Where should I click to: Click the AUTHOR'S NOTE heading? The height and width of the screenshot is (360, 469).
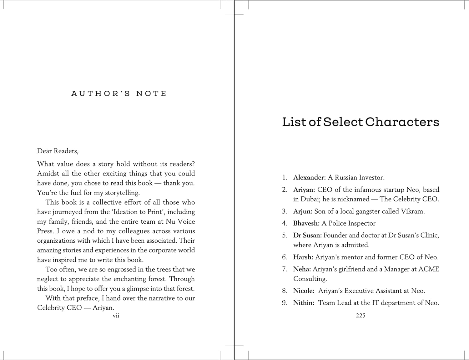click(x=119, y=94)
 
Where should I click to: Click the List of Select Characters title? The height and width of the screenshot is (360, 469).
click(x=361, y=122)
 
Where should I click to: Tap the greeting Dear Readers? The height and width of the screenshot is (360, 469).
click(x=58, y=151)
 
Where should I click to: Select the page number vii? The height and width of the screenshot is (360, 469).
click(x=116, y=316)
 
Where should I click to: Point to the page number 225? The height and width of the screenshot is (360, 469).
click(x=361, y=316)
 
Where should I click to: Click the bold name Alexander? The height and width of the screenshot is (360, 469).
click(x=309, y=178)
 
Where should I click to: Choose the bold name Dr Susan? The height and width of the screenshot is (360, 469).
click(x=307, y=235)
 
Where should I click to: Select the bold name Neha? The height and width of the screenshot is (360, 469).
click(x=302, y=269)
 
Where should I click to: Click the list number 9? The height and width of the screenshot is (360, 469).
click(x=284, y=303)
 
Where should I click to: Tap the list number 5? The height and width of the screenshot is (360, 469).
click(x=284, y=235)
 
